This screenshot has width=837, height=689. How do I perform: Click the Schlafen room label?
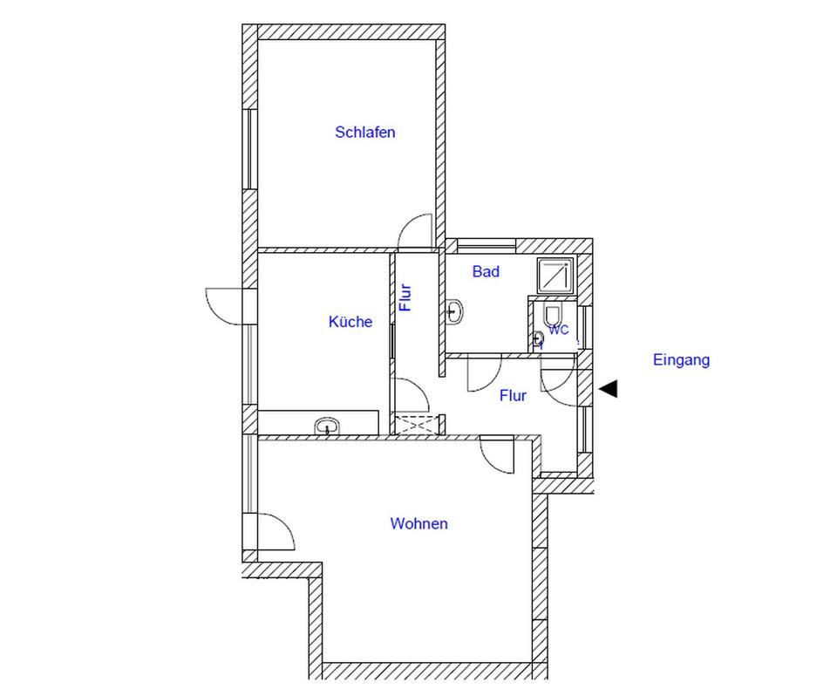point(365,132)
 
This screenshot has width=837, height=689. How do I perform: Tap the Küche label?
point(350,322)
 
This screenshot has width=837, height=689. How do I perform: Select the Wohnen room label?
point(419,523)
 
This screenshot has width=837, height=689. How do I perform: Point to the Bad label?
point(486,271)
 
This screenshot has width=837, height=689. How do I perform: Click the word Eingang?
point(681,360)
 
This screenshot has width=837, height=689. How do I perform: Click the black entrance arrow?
point(609,389)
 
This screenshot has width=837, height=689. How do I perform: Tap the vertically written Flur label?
point(405,297)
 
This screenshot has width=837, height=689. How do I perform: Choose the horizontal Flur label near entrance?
point(513,395)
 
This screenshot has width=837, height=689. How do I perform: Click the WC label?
point(558,330)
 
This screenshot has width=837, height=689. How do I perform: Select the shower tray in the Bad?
point(555,276)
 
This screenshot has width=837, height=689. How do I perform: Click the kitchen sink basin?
point(327,426)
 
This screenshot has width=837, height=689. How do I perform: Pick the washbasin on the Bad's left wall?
point(454,310)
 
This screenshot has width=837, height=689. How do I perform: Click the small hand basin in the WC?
point(538,338)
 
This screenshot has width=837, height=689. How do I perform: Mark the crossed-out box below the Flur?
point(415,424)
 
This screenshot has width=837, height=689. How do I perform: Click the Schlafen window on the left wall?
point(249,149)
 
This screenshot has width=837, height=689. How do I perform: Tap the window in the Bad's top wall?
point(487,246)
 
